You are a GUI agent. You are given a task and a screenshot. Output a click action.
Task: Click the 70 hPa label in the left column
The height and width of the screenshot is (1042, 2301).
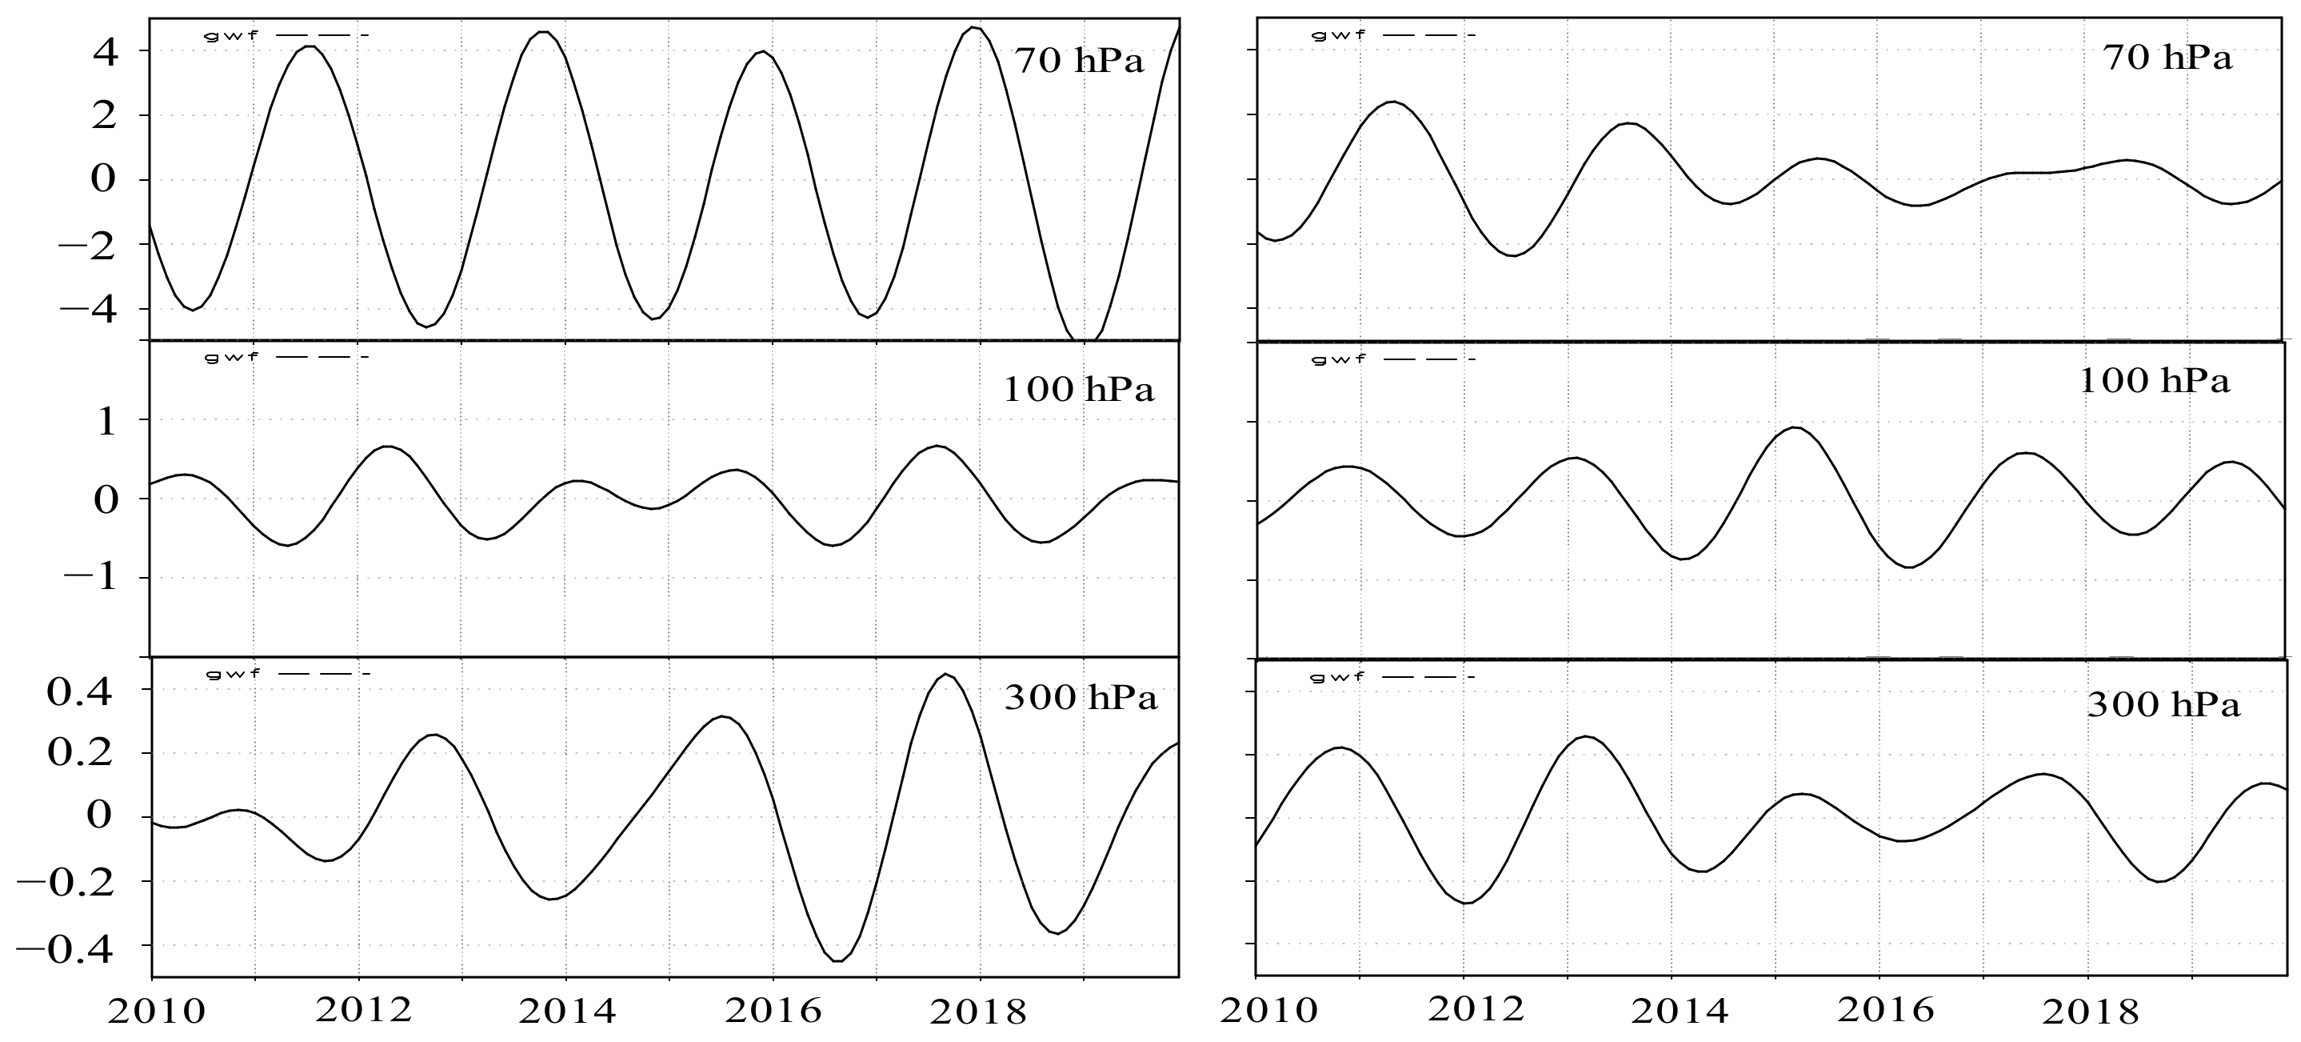pos(1078,61)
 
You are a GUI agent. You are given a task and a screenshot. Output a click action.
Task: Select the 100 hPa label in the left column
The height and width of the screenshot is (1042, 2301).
pos(1078,390)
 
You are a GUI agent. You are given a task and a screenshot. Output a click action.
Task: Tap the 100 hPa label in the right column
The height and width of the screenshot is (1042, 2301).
pos(2155,382)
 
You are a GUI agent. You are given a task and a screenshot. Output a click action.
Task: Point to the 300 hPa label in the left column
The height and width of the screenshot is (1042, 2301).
pos(1080,697)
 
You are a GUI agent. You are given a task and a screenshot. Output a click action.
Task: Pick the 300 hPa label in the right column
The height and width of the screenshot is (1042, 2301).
pos(2163,706)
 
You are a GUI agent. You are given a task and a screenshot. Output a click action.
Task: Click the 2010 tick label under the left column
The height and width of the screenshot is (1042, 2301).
pos(155,1012)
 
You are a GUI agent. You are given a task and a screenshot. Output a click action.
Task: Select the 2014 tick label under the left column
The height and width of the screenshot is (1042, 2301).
pos(567,1012)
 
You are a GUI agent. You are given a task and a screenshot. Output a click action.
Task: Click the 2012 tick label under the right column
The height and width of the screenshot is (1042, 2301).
pos(1476,1010)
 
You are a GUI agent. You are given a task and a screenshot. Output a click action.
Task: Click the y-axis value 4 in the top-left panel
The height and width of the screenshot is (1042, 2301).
pos(105,52)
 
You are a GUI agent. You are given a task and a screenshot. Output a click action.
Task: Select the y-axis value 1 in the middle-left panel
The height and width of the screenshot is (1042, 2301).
pos(106,422)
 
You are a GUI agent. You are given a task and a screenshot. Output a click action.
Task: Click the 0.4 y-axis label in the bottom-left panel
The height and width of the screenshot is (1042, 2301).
pos(79,691)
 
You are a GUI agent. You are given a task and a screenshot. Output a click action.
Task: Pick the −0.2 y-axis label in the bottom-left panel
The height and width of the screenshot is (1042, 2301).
pos(63,884)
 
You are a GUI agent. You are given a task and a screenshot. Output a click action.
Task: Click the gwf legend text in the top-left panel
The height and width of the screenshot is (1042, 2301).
pos(231,36)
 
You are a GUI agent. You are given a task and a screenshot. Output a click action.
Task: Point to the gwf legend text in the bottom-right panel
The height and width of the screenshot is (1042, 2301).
pos(1338,677)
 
